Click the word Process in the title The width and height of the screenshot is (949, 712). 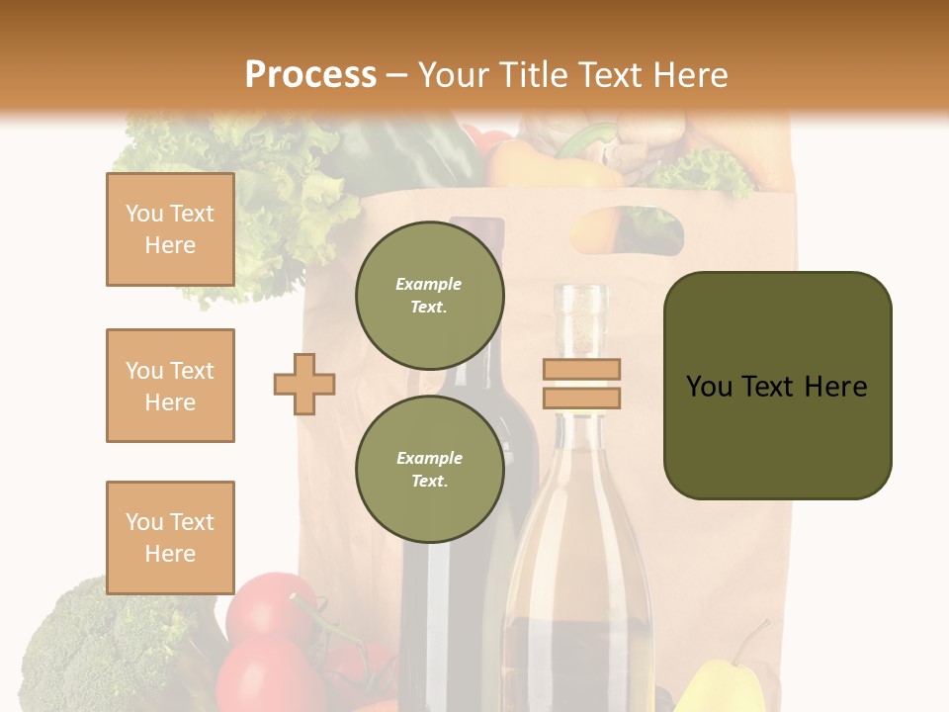[310, 75]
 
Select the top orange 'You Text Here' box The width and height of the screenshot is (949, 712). [170, 229]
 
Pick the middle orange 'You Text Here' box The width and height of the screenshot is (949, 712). [170, 386]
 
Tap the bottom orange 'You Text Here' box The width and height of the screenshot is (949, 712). [170, 538]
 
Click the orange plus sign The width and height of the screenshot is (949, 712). [304, 384]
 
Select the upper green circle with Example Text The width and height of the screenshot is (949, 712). [429, 296]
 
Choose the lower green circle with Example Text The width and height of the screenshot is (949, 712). [429, 469]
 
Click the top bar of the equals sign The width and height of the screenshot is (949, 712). [581, 369]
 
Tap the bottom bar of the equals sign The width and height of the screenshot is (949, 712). [581, 398]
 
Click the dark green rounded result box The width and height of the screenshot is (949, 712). [777, 386]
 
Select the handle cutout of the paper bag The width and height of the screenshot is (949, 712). [627, 229]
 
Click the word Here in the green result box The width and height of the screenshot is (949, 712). [835, 387]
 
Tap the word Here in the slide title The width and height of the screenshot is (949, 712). [688, 75]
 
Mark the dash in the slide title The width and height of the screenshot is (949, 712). [397, 76]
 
